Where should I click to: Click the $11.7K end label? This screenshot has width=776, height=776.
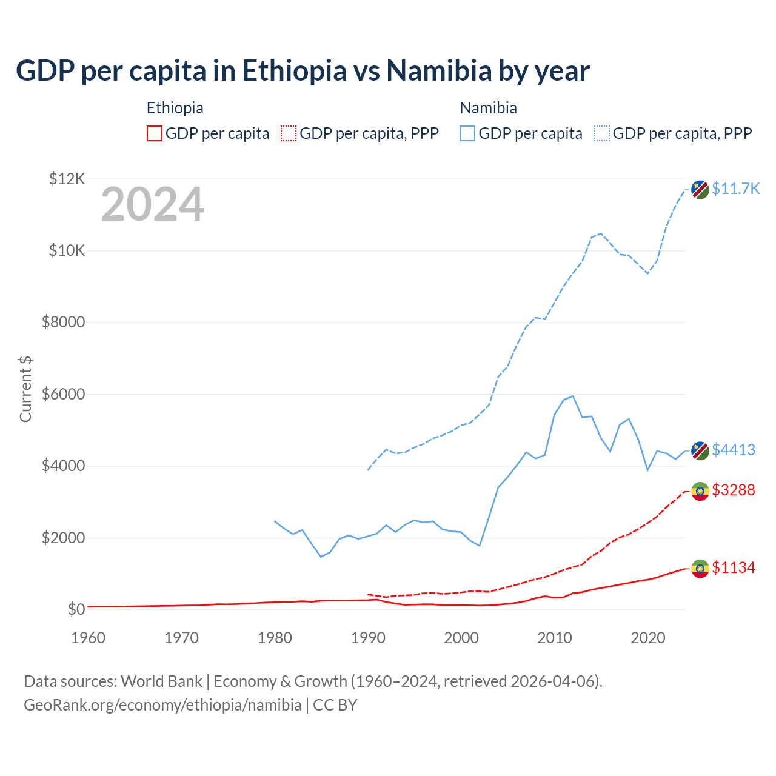(x=735, y=189)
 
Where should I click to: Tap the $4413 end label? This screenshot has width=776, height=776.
(x=734, y=450)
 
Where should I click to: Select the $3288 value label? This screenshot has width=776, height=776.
(x=734, y=490)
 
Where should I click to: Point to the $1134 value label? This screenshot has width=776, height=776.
(x=734, y=567)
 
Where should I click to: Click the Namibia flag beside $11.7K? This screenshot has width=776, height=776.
(x=700, y=189)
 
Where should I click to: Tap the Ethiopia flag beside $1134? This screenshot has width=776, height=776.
(x=700, y=568)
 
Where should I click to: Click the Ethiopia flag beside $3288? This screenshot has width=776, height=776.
(x=700, y=490)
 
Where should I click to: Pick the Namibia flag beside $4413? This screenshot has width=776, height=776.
(x=700, y=450)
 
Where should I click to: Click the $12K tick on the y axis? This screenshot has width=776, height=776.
(x=67, y=179)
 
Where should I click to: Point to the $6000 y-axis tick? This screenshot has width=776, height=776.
(x=63, y=394)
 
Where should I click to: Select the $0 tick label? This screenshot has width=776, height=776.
(x=76, y=609)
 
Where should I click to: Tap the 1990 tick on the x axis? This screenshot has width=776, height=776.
(x=368, y=638)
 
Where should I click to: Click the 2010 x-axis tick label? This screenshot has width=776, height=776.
(x=555, y=638)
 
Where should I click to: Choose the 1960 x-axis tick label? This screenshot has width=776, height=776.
(x=89, y=638)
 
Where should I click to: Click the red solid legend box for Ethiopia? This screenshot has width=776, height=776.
(x=155, y=133)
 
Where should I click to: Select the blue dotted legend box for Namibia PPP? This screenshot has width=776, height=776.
(x=602, y=133)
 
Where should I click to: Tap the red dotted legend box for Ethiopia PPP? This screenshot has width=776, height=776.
(x=289, y=133)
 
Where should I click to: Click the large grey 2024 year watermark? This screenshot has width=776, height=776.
(x=152, y=204)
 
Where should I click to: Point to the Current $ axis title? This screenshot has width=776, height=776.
(x=25, y=389)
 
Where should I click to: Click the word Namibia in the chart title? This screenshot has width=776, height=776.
(x=439, y=70)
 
